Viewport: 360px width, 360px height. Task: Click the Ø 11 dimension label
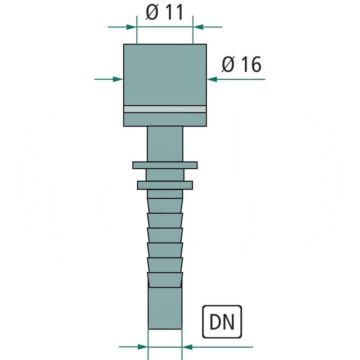point(165,13)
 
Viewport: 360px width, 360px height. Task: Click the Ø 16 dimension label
point(241,65)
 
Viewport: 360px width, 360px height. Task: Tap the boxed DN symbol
point(223,322)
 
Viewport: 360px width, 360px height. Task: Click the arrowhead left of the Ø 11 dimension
point(131,27)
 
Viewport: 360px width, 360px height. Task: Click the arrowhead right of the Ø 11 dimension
point(198,27)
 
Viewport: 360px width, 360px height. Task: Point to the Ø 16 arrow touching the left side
point(118,79)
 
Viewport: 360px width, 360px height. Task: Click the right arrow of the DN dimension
point(188,347)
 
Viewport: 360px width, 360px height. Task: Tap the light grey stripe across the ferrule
point(165,109)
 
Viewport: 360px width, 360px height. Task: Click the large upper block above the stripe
point(165,74)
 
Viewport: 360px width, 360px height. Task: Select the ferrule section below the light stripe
point(165,119)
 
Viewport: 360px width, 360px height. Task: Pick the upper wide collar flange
point(165,165)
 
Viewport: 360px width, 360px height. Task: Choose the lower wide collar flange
point(165,184)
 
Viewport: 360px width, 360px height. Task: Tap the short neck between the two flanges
point(165,175)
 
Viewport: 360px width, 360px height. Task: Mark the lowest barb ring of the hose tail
point(165,279)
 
